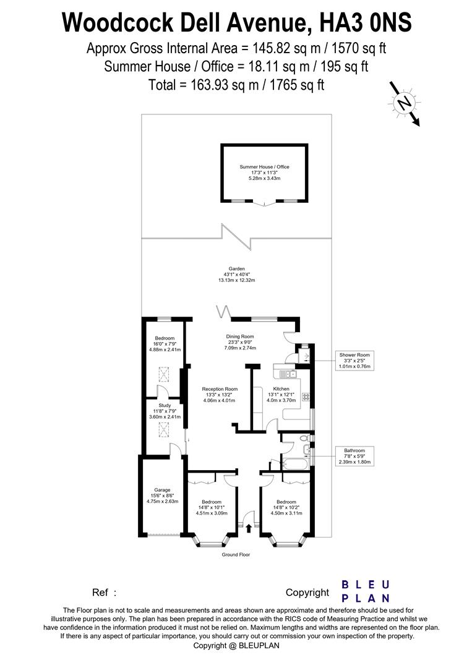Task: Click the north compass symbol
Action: pos(405,103)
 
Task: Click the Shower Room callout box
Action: pos(354,360)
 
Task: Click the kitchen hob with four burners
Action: pos(305,397)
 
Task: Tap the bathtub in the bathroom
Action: pos(290,463)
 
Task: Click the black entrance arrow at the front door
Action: pos(249,528)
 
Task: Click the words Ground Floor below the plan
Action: pos(236,555)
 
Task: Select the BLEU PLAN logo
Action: pos(366,591)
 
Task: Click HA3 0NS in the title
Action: pos(364,24)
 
